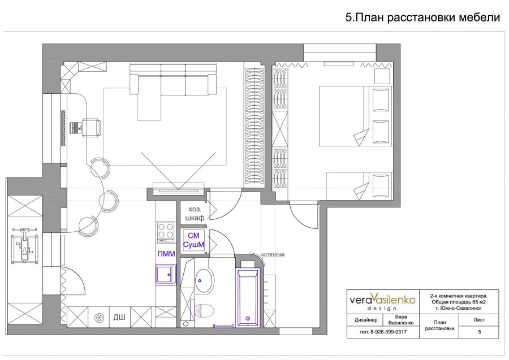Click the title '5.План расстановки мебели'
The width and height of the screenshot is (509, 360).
(422, 18)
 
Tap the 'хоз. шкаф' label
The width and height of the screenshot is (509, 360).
(195, 214)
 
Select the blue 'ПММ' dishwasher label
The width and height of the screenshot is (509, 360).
(166, 254)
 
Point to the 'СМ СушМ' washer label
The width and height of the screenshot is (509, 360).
(193, 240)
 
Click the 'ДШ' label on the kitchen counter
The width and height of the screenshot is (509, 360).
(119, 317)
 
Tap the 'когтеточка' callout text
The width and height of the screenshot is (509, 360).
(273, 254)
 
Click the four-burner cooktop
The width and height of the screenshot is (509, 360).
(166, 232)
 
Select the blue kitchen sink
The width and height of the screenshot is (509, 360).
(166, 275)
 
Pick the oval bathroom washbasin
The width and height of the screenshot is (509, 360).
(205, 280)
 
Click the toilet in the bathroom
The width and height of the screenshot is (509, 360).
(204, 310)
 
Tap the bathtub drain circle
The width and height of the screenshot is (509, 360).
(248, 319)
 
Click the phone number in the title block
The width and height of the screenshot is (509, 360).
(383, 332)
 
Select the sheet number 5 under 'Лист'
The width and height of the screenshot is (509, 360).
(479, 332)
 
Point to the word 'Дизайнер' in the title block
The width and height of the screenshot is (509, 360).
(366, 320)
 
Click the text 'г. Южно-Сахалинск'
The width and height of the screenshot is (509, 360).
(459, 308)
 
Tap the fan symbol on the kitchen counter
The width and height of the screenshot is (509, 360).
(98, 317)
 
